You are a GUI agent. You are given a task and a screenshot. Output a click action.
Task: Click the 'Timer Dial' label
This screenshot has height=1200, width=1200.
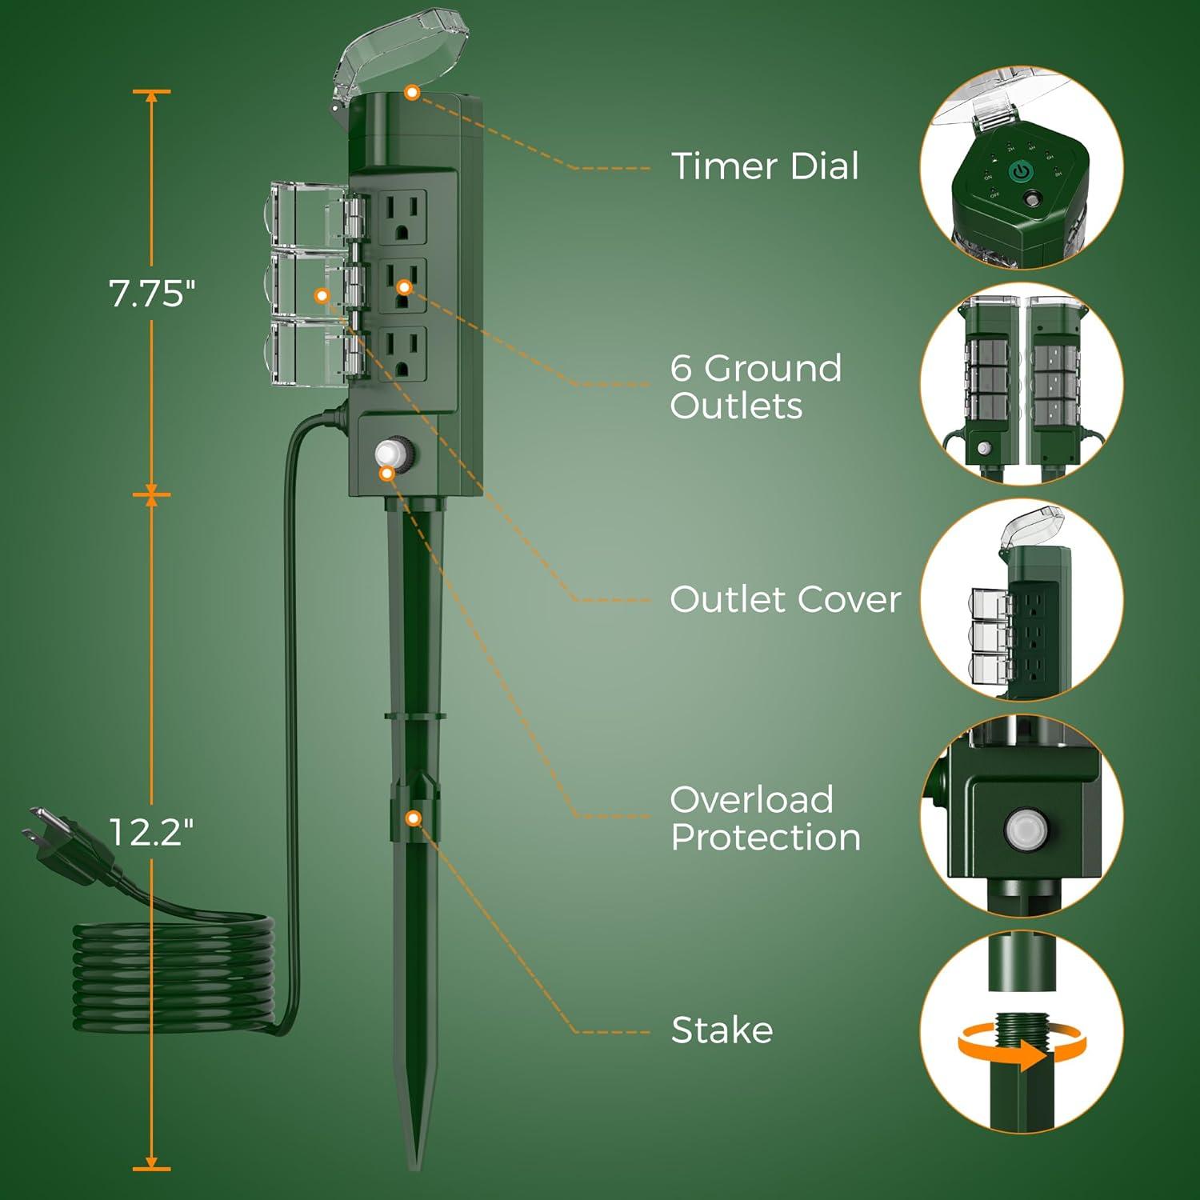point(765,166)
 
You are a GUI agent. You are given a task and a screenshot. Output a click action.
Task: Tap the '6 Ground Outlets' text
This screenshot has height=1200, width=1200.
point(755,387)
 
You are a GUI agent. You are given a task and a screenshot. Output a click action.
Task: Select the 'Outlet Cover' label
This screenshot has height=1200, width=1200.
point(785,599)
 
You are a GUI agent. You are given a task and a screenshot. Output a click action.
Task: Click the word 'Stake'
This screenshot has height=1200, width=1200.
point(722,1030)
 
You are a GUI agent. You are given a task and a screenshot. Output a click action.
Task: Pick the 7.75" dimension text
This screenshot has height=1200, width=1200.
point(152,294)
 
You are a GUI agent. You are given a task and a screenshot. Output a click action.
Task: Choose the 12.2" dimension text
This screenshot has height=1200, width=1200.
point(151,833)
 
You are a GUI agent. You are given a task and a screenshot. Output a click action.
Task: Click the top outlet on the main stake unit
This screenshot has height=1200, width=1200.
point(402,218)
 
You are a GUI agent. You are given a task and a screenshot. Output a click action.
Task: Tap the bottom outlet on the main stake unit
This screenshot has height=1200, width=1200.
point(402,354)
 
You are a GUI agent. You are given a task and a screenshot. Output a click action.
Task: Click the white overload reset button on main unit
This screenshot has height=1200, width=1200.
point(390,452)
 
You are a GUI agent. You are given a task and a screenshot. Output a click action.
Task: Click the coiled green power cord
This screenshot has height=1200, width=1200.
point(172,976)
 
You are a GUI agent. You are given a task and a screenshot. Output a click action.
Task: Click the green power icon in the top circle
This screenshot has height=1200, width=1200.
point(1019,171)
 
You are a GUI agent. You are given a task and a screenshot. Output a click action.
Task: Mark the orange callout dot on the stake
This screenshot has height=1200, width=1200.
point(414,818)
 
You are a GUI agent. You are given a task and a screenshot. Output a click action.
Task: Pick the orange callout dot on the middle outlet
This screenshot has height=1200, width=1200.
point(404,286)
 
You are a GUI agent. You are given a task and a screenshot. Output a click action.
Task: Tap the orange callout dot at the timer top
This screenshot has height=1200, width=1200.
point(412,93)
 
